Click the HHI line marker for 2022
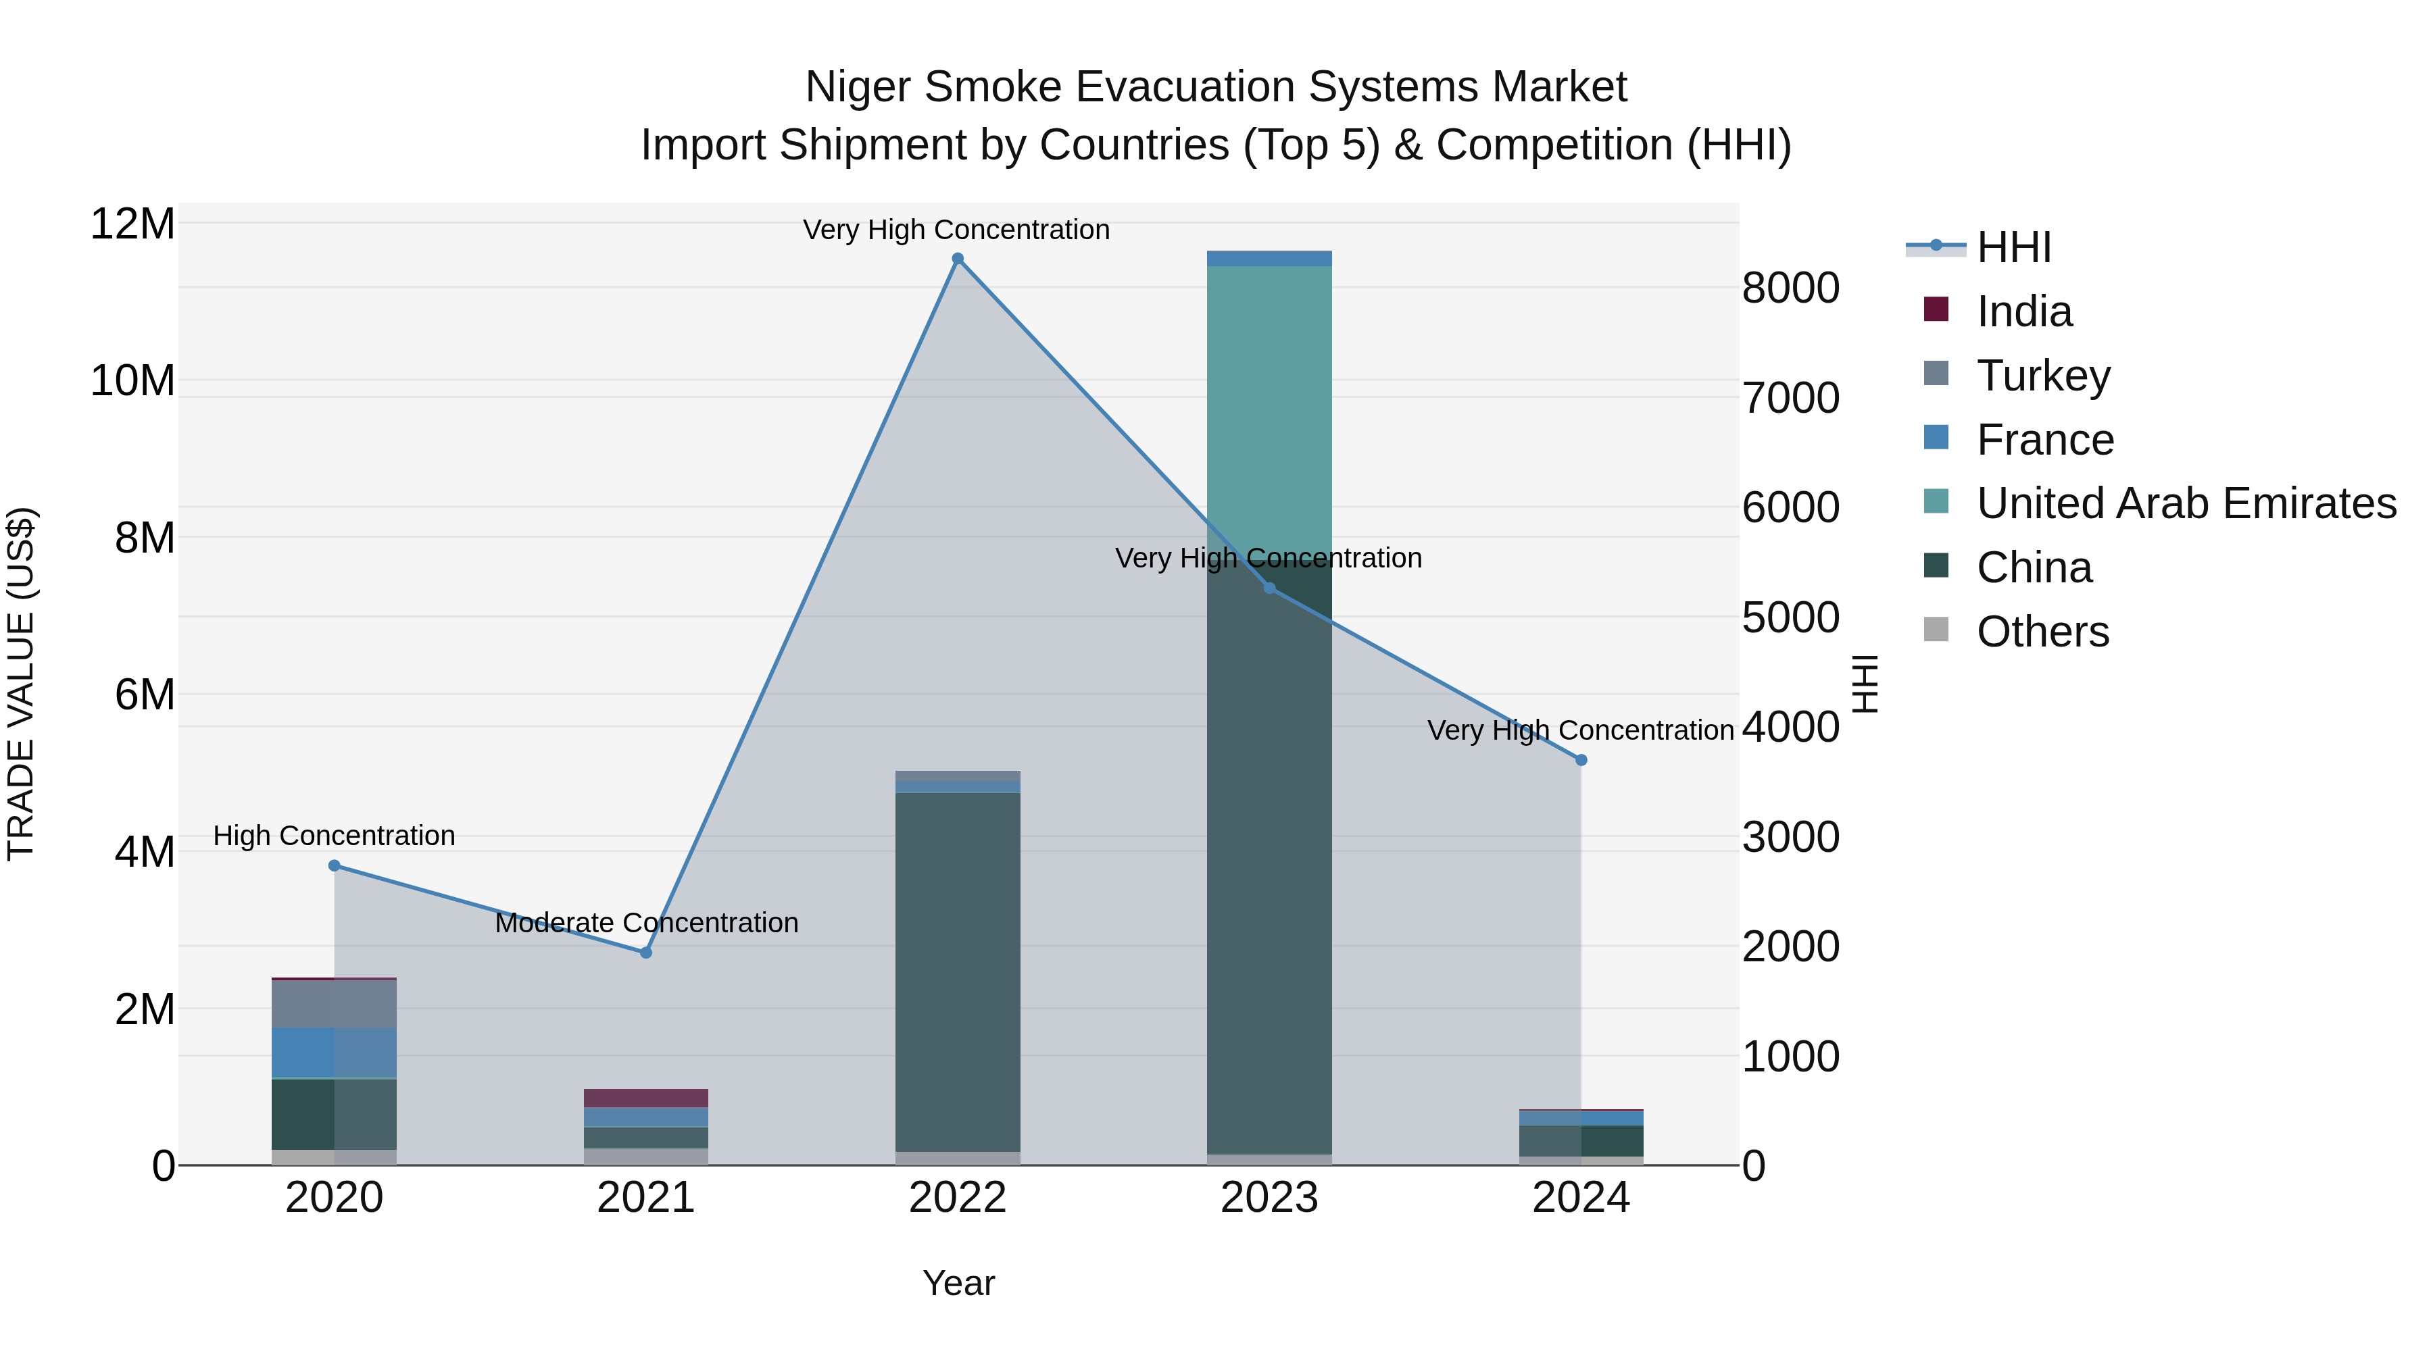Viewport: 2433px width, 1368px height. pyautogui.click(x=958, y=259)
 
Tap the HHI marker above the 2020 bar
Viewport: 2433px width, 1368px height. pyautogui.click(x=335, y=866)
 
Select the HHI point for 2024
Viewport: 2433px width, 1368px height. pyautogui.click(x=1581, y=760)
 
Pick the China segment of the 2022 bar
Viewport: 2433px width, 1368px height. pyautogui.click(x=958, y=972)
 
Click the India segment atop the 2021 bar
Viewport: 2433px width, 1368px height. pyautogui.click(x=646, y=1098)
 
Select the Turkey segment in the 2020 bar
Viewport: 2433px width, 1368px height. pyautogui.click(x=335, y=1004)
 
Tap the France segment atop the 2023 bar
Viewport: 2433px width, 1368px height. pyautogui.click(x=1269, y=259)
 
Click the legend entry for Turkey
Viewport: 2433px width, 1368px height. pyautogui.click(x=2043, y=376)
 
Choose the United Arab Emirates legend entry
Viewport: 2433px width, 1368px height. pyautogui.click(x=2186, y=503)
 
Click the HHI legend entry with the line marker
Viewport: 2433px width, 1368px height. pyautogui.click(x=2014, y=247)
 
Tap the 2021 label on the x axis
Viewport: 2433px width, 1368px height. pyautogui.click(x=646, y=1198)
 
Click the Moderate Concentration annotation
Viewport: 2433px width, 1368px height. pyautogui.click(x=646, y=922)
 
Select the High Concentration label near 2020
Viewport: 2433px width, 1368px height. pyautogui.click(x=335, y=836)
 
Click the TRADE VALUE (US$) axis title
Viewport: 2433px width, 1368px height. pyautogui.click(x=21, y=684)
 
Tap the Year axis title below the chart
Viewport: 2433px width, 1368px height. pyautogui.click(x=958, y=1283)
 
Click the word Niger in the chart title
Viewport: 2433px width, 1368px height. pyautogui.click(x=860, y=87)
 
